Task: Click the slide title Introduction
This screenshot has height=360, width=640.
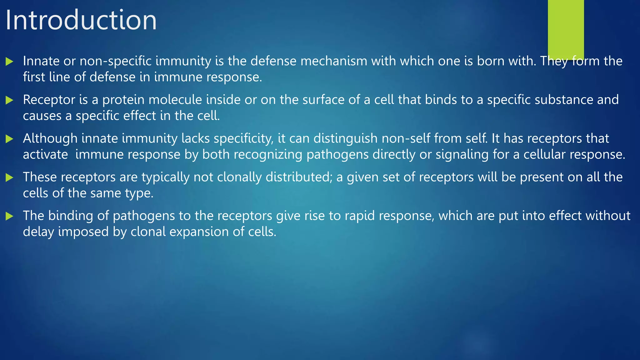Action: (81, 20)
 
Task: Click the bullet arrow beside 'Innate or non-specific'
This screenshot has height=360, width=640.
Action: (9, 62)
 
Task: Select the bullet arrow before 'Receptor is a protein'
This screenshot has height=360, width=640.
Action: (9, 100)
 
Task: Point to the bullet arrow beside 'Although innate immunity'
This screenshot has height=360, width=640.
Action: (9, 139)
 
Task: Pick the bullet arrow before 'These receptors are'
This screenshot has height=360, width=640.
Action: (9, 178)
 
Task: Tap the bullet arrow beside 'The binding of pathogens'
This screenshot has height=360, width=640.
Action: (9, 216)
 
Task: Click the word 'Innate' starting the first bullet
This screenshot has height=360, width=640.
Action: (41, 61)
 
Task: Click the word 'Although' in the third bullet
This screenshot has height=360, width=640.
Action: (50, 138)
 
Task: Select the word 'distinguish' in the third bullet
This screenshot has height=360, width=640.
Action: (346, 138)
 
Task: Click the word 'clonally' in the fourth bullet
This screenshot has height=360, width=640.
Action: (239, 177)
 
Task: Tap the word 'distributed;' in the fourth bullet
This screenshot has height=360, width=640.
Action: (299, 177)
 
